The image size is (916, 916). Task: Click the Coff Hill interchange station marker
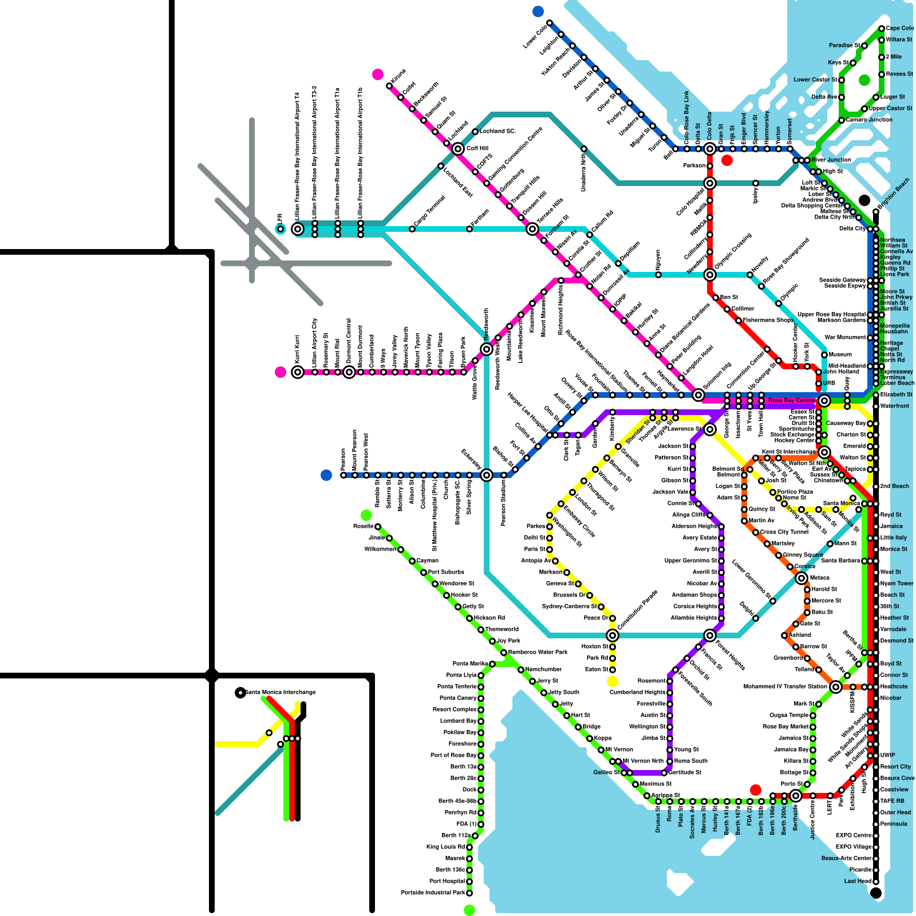(458, 149)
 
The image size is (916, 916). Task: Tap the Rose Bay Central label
(792, 400)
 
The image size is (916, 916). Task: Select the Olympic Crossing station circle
(710, 275)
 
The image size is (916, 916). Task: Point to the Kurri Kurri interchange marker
(298, 372)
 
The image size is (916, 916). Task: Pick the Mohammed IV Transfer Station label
(785, 686)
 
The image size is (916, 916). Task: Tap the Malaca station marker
(801, 578)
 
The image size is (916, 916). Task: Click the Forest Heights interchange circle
(710, 635)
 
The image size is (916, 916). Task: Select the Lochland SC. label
(498, 131)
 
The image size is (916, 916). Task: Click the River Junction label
(831, 160)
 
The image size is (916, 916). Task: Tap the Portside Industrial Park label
(433, 893)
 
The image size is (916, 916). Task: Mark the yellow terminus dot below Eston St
(613, 681)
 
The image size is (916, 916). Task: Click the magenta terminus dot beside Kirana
(378, 74)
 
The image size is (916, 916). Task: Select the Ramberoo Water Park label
(538, 652)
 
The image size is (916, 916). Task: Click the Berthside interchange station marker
(796, 796)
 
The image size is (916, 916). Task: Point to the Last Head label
(857, 881)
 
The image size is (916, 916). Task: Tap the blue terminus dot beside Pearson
(326, 475)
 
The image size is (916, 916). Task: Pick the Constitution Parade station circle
(613, 635)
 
